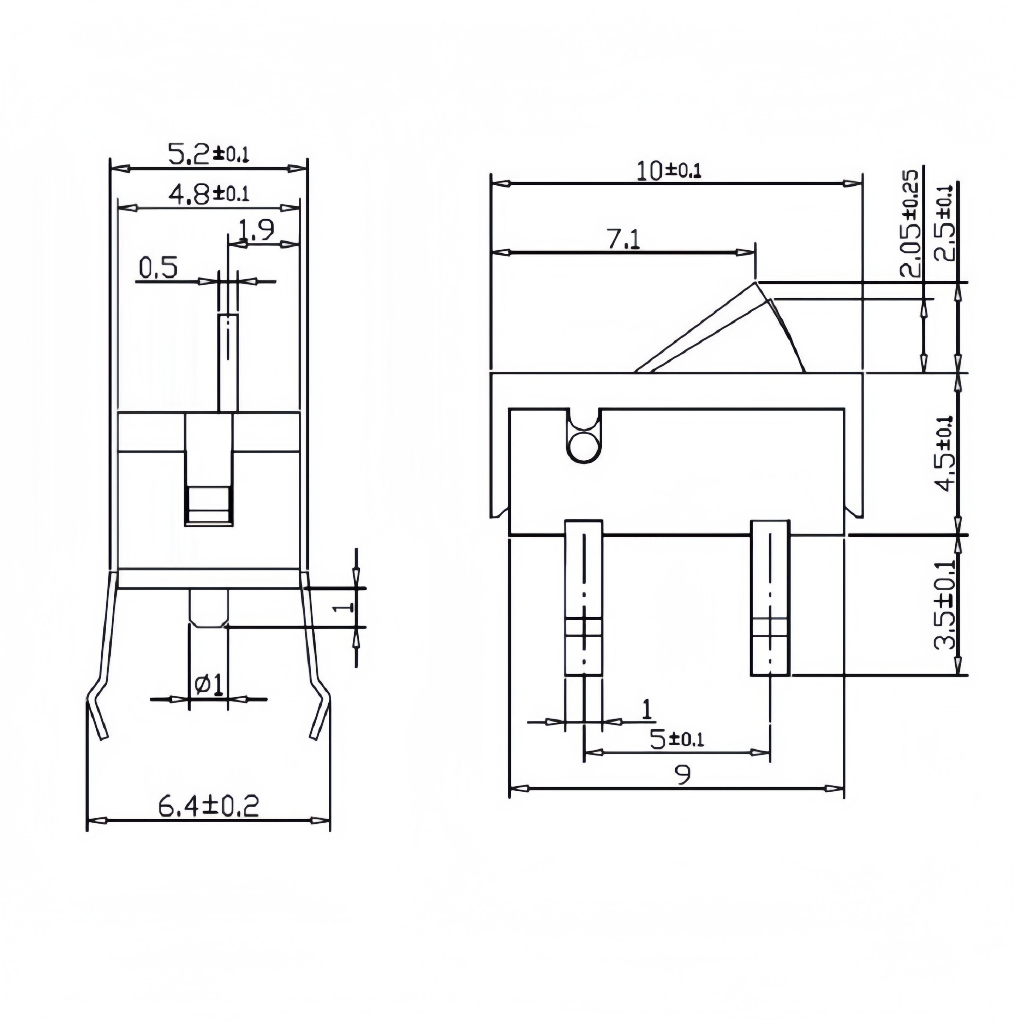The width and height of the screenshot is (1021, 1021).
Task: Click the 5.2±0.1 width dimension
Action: click(x=208, y=154)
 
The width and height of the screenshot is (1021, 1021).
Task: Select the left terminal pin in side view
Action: click(x=584, y=597)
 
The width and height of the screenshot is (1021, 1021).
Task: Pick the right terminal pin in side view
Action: click(x=770, y=597)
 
